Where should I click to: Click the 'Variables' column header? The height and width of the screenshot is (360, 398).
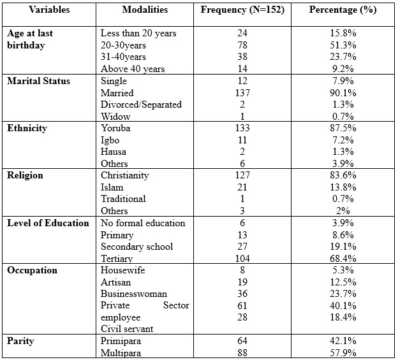[x=49, y=10]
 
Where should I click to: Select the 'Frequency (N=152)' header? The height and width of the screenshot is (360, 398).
[x=242, y=10]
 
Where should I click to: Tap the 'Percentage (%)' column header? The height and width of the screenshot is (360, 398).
[x=343, y=10]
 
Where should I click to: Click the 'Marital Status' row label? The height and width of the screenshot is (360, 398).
[x=38, y=81]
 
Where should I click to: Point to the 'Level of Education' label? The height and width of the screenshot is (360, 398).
[x=48, y=223]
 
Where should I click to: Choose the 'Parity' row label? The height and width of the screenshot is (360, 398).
[x=20, y=341]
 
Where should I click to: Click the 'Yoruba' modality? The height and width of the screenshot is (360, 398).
[x=115, y=128]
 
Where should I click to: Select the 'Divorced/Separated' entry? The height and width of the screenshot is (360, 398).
[x=141, y=104]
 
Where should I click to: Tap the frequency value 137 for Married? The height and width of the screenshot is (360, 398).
[x=242, y=93]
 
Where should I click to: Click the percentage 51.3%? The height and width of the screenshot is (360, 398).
[x=343, y=45]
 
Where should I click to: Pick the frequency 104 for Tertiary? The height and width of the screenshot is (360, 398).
[x=242, y=258]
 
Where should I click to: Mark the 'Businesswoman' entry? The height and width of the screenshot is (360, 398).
[x=134, y=294]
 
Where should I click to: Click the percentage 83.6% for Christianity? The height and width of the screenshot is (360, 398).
[x=343, y=175]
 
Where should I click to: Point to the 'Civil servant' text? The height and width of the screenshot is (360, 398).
[x=127, y=329]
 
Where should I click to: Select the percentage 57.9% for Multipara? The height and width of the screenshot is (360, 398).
[x=343, y=352]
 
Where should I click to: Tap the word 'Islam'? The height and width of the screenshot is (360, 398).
[x=112, y=187]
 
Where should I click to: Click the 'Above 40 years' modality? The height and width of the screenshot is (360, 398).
[x=133, y=69]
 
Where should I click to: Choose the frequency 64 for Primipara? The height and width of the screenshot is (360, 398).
[x=242, y=341]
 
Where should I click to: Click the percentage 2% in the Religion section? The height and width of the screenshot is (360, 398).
[x=343, y=211]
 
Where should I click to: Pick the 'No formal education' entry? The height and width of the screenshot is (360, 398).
[x=143, y=223]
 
